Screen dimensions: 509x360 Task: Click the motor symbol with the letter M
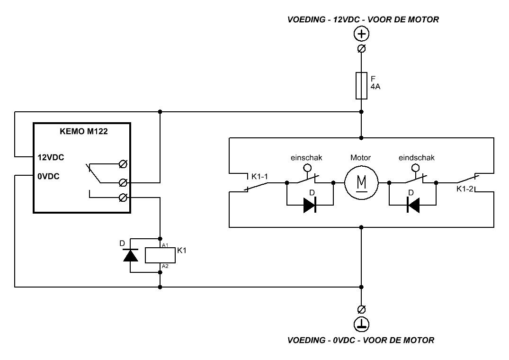tap(361, 183)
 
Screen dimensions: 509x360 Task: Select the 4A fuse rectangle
tap(361, 85)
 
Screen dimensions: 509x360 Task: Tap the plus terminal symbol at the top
tap(361, 34)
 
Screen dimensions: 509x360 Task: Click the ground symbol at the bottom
tap(361, 324)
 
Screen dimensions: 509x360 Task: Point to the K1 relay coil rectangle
tap(160, 255)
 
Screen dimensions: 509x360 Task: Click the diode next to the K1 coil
tap(131, 255)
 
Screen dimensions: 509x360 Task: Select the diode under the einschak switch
tap(310, 205)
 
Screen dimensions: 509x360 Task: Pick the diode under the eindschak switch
tap(413, 205)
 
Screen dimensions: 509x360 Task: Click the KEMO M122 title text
tap(84, 132)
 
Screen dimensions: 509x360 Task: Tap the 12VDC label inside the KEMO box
tap(51, 157)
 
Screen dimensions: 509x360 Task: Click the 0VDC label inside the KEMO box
tap(48, 177)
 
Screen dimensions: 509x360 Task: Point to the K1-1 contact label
tap(259, 177)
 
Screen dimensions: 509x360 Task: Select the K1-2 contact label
tap(465, 189)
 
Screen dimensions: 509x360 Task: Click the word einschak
tap(306, 158)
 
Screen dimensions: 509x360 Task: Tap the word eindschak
tap(417, 158)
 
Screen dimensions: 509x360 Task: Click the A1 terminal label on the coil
tap(165, 245)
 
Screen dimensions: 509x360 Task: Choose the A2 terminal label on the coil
tap(165, 266)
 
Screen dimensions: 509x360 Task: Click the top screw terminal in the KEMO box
tap(123, 164)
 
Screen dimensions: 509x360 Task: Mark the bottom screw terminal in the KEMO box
tap(123, 198)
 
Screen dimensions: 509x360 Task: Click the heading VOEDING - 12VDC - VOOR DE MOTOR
tap(363, 19)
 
